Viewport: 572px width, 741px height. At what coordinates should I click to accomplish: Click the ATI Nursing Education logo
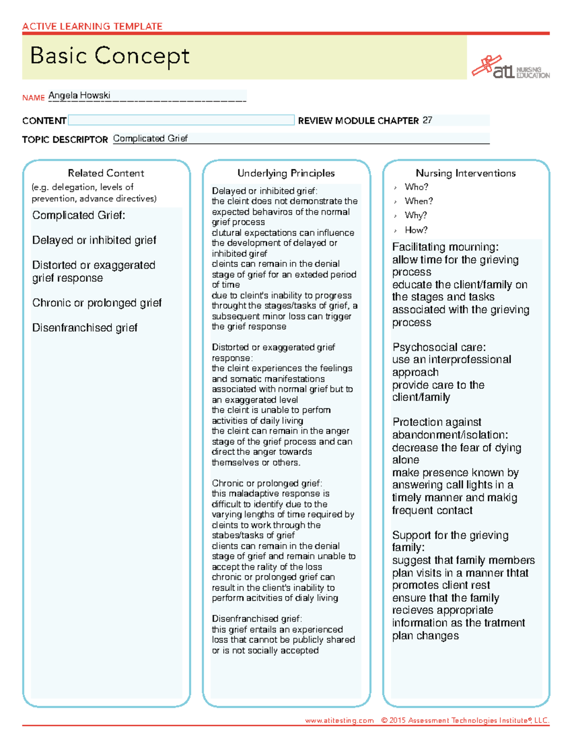(510, 68)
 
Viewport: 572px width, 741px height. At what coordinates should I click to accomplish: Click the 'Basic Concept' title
(110, 56)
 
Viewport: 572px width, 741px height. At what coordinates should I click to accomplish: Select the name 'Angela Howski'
(79, 95)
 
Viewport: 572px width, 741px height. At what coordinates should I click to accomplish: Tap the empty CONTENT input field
(181, 120)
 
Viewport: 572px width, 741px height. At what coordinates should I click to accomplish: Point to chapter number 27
(427, 120)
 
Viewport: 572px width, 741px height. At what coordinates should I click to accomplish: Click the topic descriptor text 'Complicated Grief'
(150, 139)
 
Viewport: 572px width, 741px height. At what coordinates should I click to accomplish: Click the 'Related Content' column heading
(106, 173)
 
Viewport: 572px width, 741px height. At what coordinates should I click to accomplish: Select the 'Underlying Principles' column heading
(286, 173)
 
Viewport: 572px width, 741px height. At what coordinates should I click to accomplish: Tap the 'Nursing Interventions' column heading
(466, 173)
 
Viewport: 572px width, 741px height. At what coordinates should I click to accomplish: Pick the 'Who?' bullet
(416, 187)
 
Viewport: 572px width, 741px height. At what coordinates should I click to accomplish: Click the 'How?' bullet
(416, 230)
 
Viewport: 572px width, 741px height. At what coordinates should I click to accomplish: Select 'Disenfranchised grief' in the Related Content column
(85, 328)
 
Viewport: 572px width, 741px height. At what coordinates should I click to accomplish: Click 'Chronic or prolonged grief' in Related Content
(97, 303)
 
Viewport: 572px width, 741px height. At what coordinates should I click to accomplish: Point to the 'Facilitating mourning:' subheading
(445, 247)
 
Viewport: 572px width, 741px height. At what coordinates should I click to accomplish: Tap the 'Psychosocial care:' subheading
(439, 347)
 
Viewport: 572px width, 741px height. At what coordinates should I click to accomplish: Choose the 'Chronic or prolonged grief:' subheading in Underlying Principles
(267, 483)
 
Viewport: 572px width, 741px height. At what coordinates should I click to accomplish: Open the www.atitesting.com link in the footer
(339, 720)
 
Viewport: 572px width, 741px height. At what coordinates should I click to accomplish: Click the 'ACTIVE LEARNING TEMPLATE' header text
(92, 26)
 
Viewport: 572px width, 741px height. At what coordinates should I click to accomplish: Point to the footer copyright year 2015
(398, 720)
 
